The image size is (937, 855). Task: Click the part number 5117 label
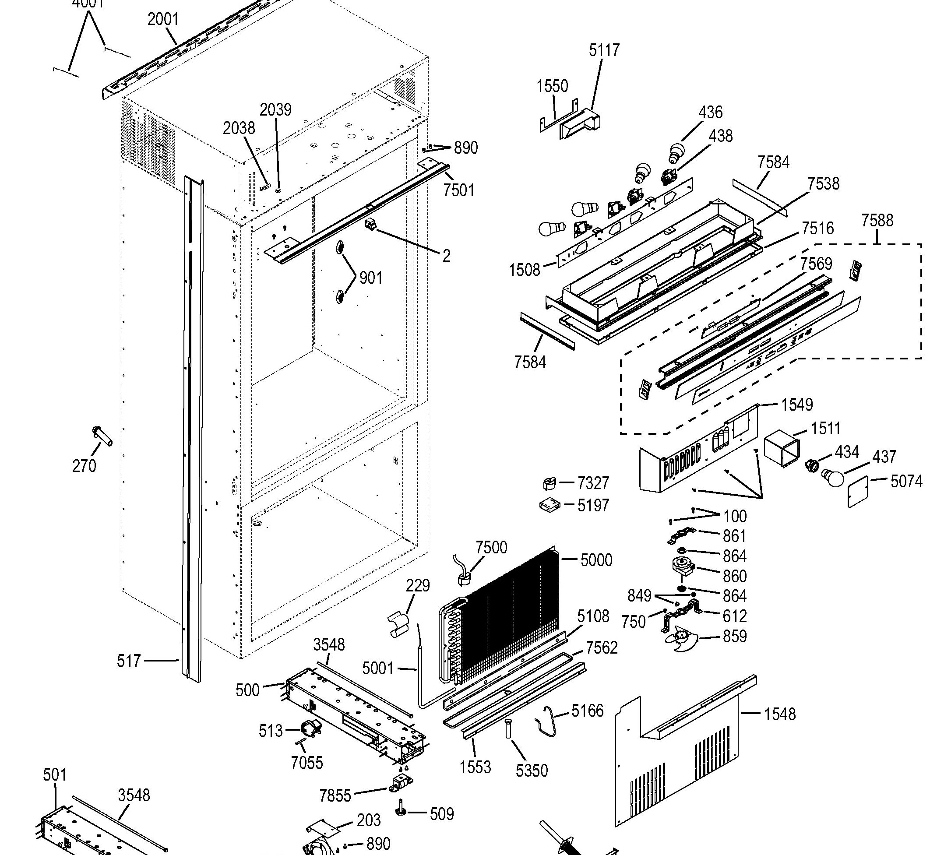[x=604, y=50]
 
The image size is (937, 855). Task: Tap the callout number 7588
[x=877, y=220]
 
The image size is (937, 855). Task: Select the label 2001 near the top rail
[x=163, y=20]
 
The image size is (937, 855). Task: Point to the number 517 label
[x=129, y=661]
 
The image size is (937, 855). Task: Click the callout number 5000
[x=596, y=560]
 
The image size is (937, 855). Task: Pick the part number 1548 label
[x=780, y=714]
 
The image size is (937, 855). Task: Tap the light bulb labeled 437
[x=832, y=478]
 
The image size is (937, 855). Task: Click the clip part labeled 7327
[x=550, y=483]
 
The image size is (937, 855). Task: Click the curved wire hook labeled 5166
[x=546, y=719]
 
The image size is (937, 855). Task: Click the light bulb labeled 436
[x=677, y=151]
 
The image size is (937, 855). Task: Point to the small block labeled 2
[x=371, y=225]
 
